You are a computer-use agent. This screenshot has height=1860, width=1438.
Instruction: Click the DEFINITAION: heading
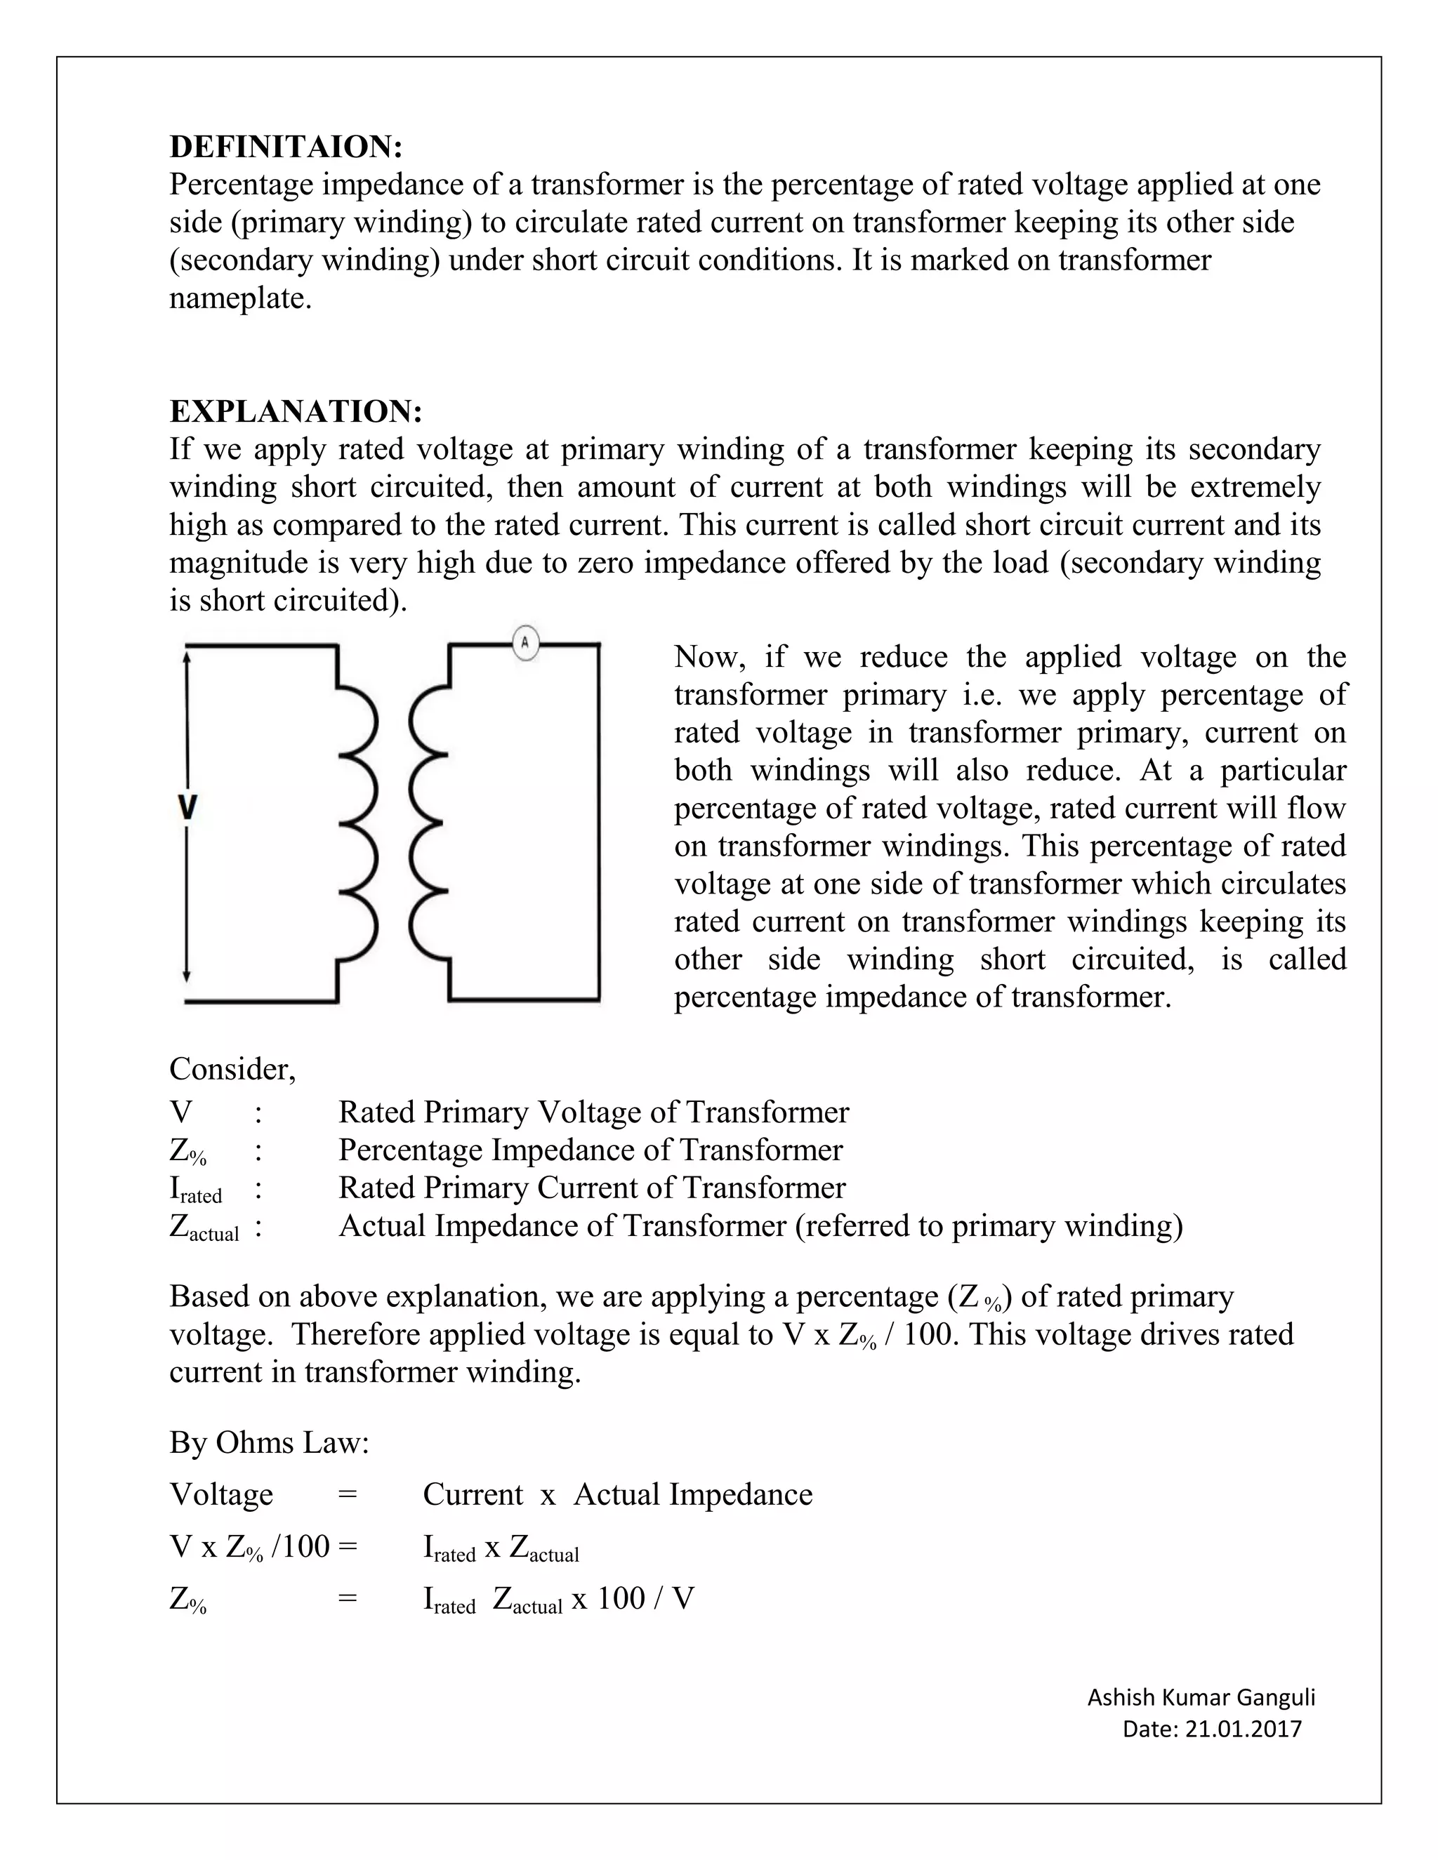pyautogui.click(x=285, y=147)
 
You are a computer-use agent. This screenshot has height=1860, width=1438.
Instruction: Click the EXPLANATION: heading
pyautogui.click(x=296, y=411)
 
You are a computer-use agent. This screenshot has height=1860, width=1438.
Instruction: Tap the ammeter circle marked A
pyautogui.click(x=526, y=643)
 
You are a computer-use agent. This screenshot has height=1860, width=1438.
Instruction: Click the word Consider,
pyautogui.click(x=232, y=1069)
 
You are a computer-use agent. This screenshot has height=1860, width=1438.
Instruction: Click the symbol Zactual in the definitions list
pyautogui.click(x=204, y=1227)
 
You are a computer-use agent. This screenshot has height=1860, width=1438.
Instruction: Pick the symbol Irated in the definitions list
pyautogui.click(x=196, y=1190)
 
